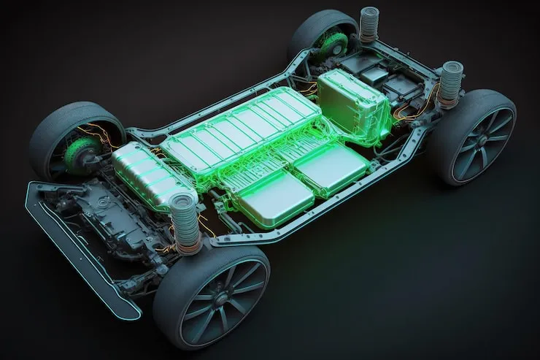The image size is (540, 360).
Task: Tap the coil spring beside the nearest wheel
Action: [x=185, y=223]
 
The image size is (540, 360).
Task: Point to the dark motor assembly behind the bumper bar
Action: [x=117, y=212]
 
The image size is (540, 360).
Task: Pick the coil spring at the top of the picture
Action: [x=370, y=26]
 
